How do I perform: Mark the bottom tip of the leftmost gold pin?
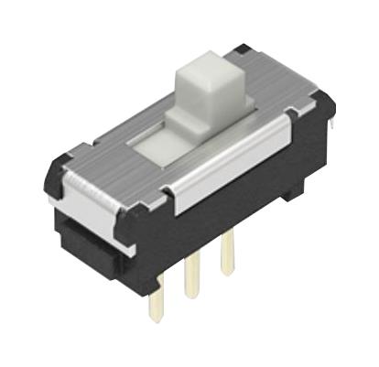[157, 318]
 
